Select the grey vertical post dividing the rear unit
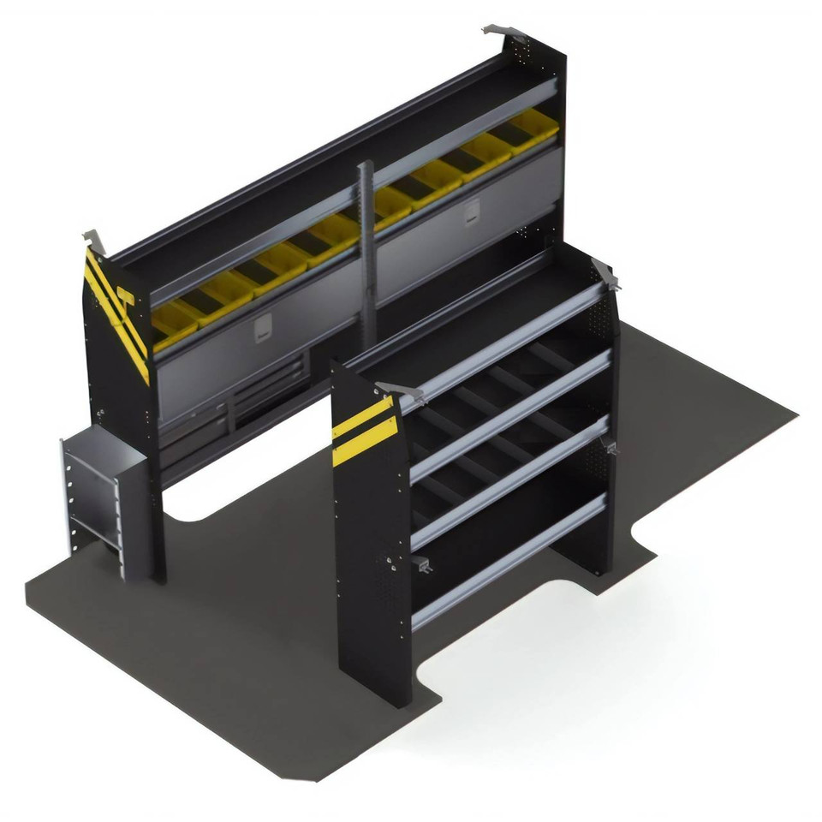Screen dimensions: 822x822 pyautogui.click(x=367, y=248)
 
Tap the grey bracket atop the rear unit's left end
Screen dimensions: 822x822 pyautogui.click(x=94, y=241)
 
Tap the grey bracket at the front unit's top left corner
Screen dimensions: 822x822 pyautogui.click(x=402, y=392)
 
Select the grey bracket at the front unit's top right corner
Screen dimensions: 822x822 pyautogui.click(x=605, y=274)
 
